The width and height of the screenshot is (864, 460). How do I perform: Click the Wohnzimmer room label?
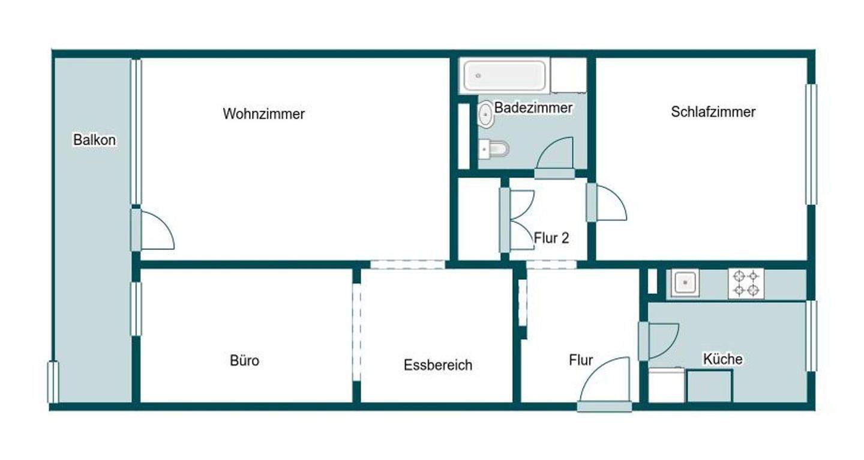[x=263, y=113]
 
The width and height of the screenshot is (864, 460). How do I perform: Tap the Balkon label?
[x=94, y=140]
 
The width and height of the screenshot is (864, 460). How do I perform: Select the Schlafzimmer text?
[x=713, y=112]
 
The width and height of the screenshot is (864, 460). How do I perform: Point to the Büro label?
[x=245, y=361]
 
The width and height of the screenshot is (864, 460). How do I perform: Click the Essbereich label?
[x=438, y=365]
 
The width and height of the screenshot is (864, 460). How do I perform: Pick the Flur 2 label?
[x=551, y=238]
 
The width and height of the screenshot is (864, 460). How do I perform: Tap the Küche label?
[x=722, y=359]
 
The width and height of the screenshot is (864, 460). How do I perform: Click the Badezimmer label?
[x=533, y=108]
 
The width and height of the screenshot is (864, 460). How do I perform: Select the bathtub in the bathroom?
[x=504, y=75]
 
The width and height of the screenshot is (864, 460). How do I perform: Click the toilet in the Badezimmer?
[x=494, y=148]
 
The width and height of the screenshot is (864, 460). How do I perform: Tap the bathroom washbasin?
[x=485, y=114]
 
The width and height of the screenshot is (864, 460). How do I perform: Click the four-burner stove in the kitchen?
[x=746, y=283]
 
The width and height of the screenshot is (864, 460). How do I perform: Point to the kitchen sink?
[x=685, y=282]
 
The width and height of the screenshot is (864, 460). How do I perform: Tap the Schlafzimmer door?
[x=606, y=202]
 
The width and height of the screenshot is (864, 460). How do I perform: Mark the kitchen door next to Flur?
[x=658, y=341]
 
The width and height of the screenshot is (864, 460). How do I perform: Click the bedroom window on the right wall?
[x=811, y=144]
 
